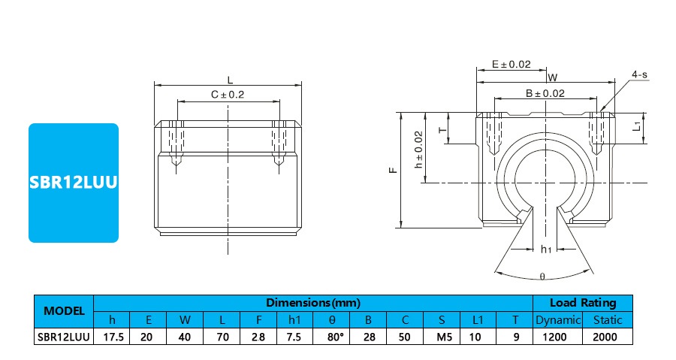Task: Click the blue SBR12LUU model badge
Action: coord(74,183)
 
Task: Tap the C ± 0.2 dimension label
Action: coord(228,95)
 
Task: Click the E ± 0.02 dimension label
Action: coord(511,65)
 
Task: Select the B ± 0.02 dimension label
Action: coord(545,93)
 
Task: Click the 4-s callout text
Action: coord(640,74)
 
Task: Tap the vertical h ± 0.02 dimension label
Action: coord(419,148)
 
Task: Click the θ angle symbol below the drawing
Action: coord(542,277)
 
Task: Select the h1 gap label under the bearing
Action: coord(546,249)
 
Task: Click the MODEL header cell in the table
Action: coord(64,310)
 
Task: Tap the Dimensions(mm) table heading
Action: coord(313,303)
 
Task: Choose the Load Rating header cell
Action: coord(583,303)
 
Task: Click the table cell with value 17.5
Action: coord(112,337)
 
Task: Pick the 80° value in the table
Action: coord(331,337)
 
